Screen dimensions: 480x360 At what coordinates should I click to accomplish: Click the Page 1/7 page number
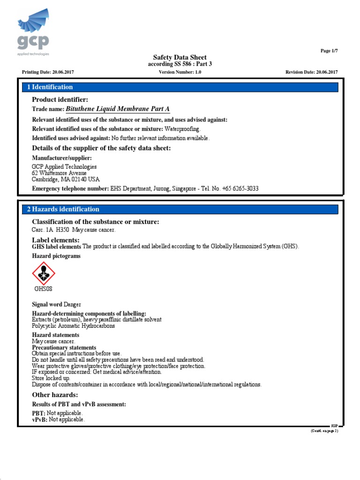(x=328, y=51)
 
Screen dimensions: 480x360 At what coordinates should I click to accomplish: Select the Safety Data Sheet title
(x=180, y=57)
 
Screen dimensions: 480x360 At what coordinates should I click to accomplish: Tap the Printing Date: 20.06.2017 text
(x=48, y=72)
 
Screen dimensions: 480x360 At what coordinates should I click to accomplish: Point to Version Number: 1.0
(x=180, y=72)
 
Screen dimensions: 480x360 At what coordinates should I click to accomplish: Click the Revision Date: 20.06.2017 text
(x=311, y=72)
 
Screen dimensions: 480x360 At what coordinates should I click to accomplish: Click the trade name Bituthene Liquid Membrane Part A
(x=117, y=109)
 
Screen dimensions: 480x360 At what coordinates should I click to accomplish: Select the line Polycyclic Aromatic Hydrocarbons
(x=73, y=326)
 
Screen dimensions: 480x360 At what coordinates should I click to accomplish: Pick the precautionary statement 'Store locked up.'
(x=51, y=378)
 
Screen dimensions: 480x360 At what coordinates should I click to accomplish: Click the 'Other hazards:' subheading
(x=55, y=395)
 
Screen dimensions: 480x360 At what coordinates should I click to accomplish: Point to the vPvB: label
(x=39, y=420)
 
